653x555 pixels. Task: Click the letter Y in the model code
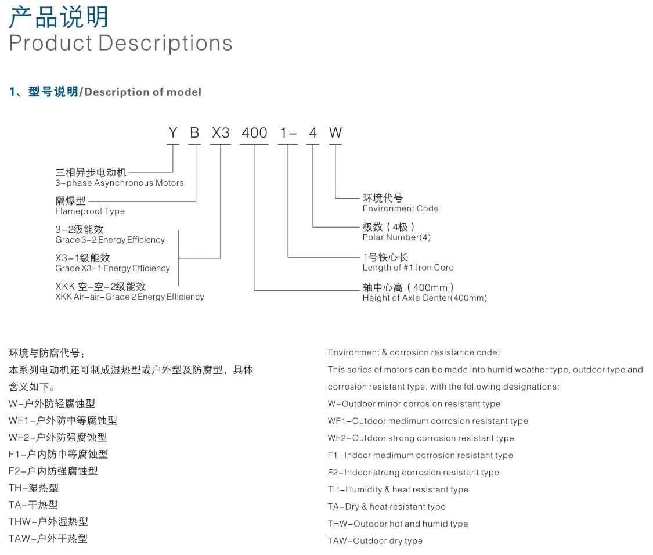coord(173,132)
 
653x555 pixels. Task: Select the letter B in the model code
coord(194,132)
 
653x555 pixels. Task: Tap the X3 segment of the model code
coord(221,132)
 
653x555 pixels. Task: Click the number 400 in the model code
coord(254,132)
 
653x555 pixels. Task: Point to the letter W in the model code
coord(335,132)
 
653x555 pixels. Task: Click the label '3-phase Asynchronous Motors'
coord(120,183)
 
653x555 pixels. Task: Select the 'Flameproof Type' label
coord(90,211)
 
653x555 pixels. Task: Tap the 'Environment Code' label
coord(401,208)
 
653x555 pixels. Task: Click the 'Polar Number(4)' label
coord(396,237)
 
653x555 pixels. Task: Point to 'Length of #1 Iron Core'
coord(408,268)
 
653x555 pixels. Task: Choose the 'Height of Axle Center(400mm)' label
coord(425,298)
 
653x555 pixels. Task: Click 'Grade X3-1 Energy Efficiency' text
coord(113,268)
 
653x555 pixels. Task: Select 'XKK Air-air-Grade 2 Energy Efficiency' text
coord(130,297)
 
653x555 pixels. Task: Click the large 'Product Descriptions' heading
coord(121,43)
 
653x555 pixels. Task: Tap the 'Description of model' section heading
coord(143,92)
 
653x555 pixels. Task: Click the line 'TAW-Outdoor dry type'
coord(375,541)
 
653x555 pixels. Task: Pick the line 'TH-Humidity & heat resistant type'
coord(398,489)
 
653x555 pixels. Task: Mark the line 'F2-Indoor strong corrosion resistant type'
coord(413,473)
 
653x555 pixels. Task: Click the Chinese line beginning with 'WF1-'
coord(63,420)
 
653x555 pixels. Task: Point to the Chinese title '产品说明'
coord(59,17)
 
